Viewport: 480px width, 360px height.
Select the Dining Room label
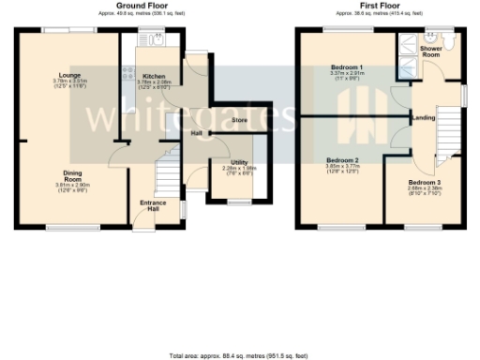pos(72,176)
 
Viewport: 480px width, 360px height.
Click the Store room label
pos(239,120)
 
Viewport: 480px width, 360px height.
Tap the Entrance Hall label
pos(154,206)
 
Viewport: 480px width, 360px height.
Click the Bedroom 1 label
pos(347,68)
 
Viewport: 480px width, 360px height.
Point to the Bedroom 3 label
pos(423,182)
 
